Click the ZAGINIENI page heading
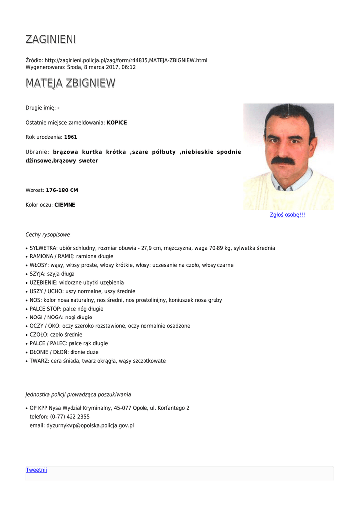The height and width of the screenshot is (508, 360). coord(51,39)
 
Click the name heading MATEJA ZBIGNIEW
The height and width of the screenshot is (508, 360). coord(70,83)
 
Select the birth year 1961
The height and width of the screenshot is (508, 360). coord(71,137)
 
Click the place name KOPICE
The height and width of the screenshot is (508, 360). coord(117,123)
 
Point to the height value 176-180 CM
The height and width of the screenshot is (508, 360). coord(62,190)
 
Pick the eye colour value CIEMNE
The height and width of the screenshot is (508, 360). coord(65,205)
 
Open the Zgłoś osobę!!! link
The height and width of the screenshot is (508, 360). coord(287,215)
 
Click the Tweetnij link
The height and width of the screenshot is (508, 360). coord(36,470)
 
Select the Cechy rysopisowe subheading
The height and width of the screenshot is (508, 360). coord(48,235)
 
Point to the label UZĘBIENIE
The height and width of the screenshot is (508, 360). coord(43,283)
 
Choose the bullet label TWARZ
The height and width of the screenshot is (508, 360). coord(39,361)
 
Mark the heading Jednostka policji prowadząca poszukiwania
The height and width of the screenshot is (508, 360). coord(78,395)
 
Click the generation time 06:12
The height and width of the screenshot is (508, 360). coord(129,67)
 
